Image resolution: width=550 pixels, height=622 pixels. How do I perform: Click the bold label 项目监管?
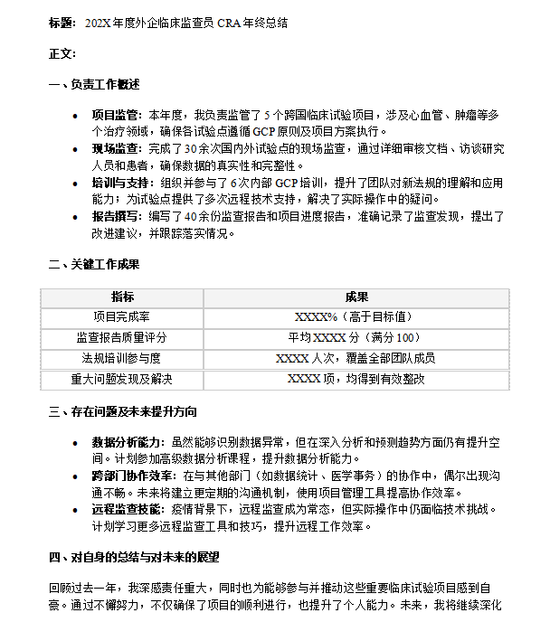pyautogui.click(x=116, y=115)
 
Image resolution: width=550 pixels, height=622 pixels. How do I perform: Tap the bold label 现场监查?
pyautogui.click(x=116, y=148)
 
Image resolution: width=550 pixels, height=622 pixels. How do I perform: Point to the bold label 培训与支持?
pyautogui.click(x=121, y=182)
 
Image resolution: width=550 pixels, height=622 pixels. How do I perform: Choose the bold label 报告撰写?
pyautogui.click(x=116, y=216)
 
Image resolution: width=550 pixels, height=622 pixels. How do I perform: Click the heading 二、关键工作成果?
pyautogui.click(x=94, y=265)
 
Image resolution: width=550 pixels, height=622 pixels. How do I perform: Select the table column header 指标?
pyautogui.click(x=122, y=297)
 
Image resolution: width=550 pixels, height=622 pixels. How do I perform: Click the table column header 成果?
pyautogui.click(x=356, y=297)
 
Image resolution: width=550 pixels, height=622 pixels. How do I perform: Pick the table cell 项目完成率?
pyautogui.click(x=122, y=317)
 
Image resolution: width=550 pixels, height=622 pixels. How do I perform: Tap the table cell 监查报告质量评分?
pyautogui.click(x=122, y=337)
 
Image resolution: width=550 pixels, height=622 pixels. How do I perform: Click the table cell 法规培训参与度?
pyautogui.click(x=122, y=358)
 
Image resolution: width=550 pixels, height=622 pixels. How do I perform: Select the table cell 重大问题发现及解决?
pyautogui.click(x=122, y=379)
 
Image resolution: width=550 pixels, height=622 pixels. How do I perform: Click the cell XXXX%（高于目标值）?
pyautogui.click(x=356, y=317)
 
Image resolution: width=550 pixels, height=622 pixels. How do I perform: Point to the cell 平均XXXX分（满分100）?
pyautogui.click(x=356, y=337)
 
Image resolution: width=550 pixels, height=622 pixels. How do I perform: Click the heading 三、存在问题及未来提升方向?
pyautogui.click(x=122, y=411)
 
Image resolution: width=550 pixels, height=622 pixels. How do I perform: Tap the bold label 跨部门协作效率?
pyautogui.click(x=133, y=476)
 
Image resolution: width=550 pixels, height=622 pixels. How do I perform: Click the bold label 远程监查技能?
pyautogui.click(x=128, y=509)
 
